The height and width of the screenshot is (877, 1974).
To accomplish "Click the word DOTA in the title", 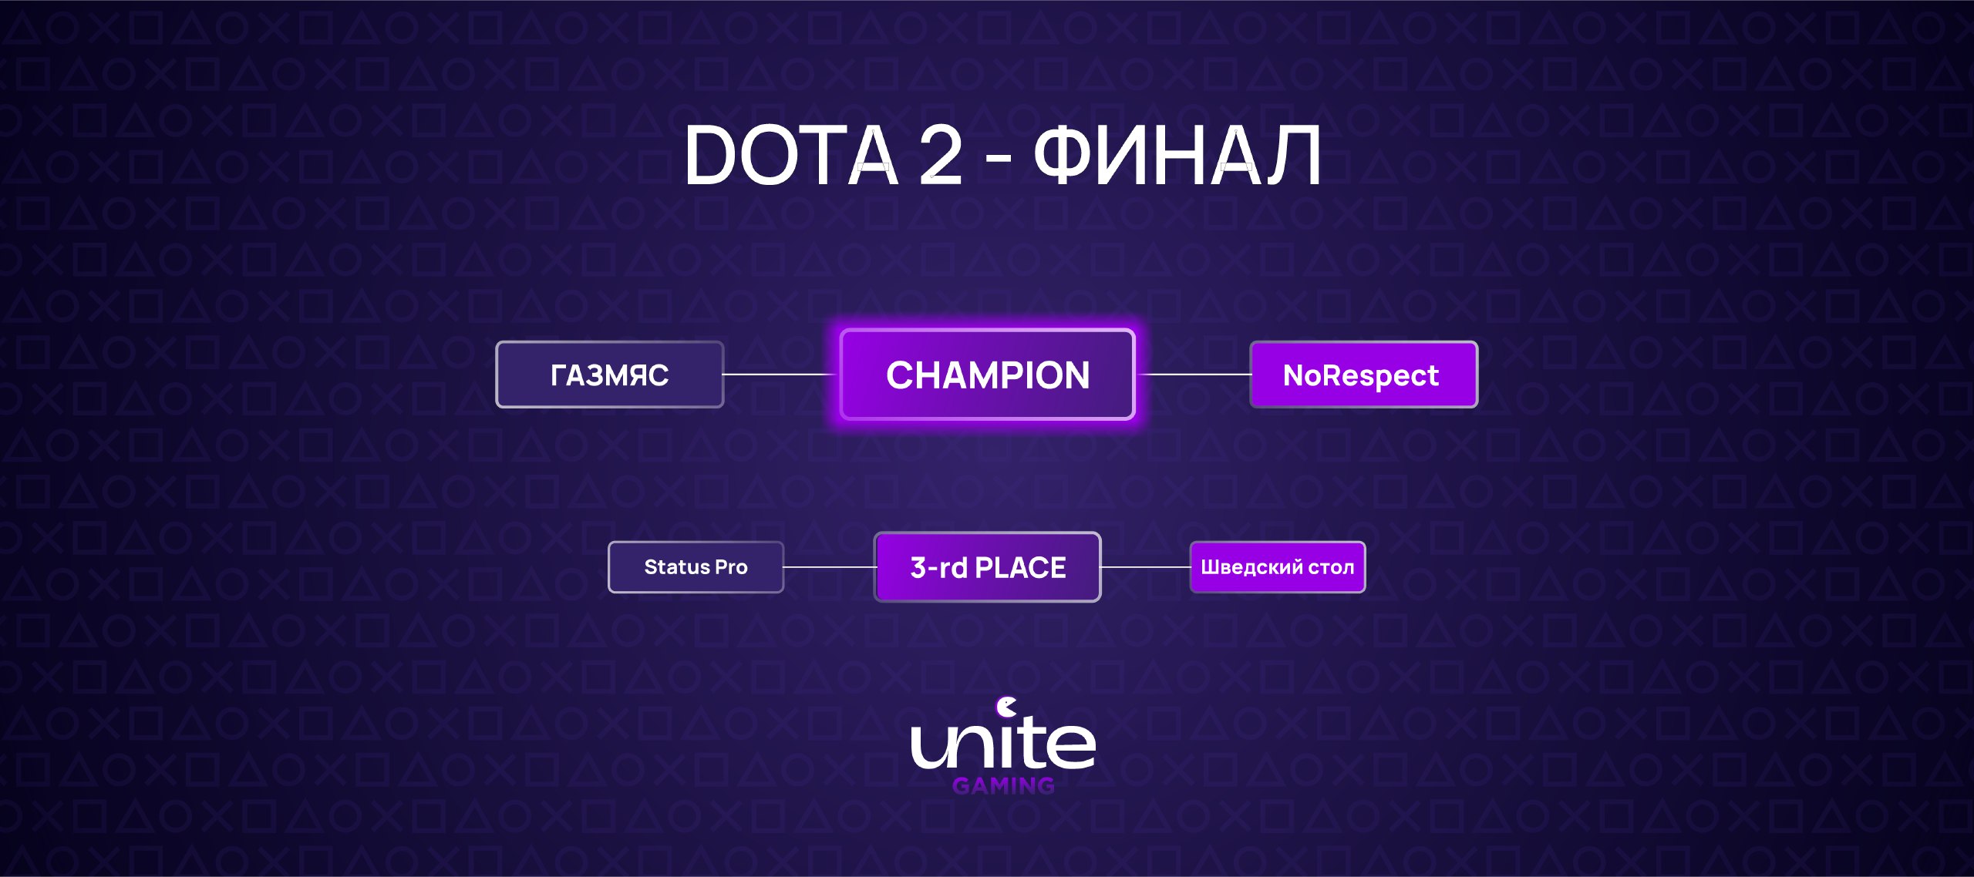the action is (792, 155).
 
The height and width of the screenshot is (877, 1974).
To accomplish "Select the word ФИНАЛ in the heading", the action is (1177, 155).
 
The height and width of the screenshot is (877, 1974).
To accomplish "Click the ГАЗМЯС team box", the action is (609, 375).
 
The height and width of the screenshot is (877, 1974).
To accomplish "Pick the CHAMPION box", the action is (987, 375).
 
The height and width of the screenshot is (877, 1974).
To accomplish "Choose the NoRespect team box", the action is (1363, 375).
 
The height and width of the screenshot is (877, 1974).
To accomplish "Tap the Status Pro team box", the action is (696, 567).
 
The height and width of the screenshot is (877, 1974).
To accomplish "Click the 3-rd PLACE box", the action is (987, 567).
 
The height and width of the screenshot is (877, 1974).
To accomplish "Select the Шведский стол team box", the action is (1278, 567).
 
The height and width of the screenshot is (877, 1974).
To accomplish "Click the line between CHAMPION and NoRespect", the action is (1193, 375).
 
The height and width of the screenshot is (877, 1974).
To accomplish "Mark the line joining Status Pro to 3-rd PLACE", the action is (829, 567).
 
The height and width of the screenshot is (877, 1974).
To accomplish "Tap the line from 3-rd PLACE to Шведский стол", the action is (1146, 567).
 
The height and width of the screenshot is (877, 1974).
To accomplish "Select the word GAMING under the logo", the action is (1003, 785).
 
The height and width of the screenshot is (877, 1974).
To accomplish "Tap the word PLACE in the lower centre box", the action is (1020, 568).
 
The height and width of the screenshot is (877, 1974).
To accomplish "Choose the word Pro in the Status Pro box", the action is (731, 567).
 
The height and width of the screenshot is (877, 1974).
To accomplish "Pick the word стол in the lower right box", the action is (1331, 568).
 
